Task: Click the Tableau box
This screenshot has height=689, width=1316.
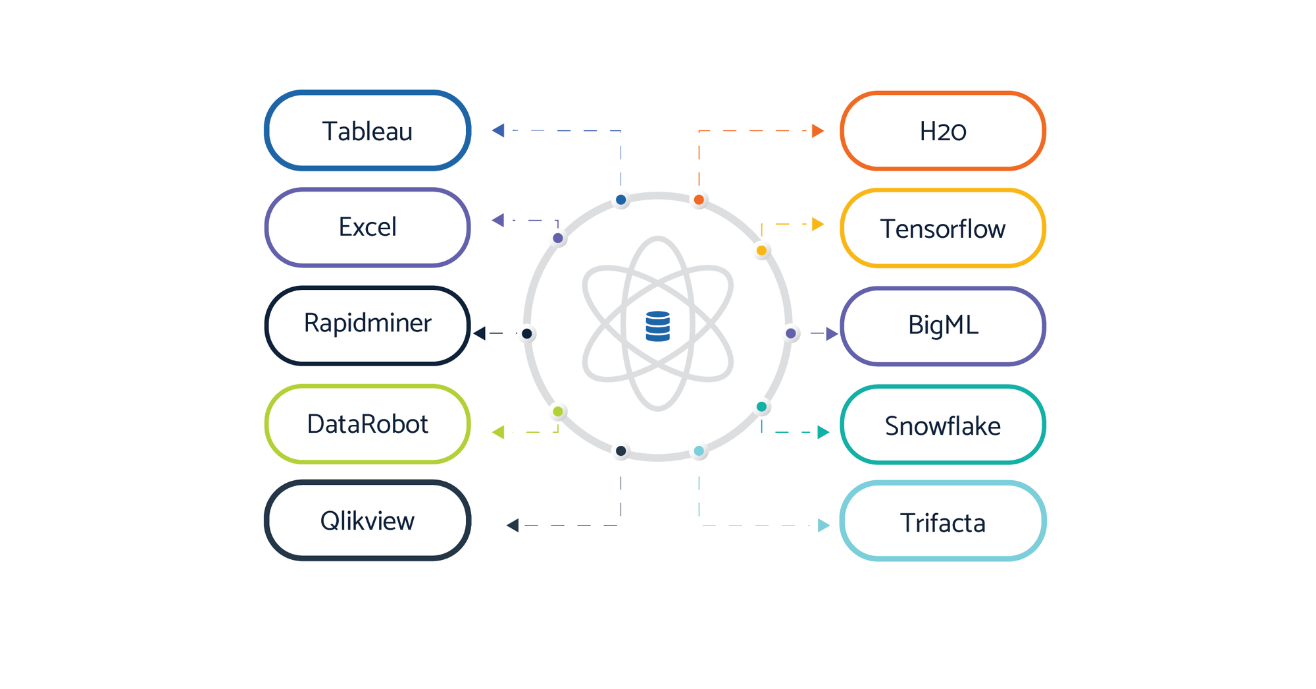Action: pyautogui.click(x=367, y=130)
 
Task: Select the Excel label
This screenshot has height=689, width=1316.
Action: pyautogui.click(x=367, y=227)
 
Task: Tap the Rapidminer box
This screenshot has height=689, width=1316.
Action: pyautogui.click(x=367, y=325)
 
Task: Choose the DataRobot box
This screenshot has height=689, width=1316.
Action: pyautogui.click(x=367, y=424)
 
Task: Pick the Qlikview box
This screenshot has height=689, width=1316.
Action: pyautogui.click(x=367, y=520)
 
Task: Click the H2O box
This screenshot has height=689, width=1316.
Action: pyautogui.click(x=943, y=130)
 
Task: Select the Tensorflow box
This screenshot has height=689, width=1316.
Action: pyautogui.click(x=943, y=229)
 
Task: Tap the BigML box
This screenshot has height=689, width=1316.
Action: pyautogui.click(x=943, y=326)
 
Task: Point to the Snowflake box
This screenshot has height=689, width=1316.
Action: pyautogui.click(x=943, y=425)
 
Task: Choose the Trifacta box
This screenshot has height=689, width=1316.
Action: pyautogui.click(x=943, y=521)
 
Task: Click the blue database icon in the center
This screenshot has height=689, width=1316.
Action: pyautogui.click(x=658, y=326)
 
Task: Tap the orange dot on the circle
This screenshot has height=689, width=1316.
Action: pyautogui.click(x=699, y=200)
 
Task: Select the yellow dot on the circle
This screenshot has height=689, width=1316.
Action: pyautogui.click(x=761, y=250)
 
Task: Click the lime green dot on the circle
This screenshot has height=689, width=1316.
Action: pyautogui.click(x=558, y=412)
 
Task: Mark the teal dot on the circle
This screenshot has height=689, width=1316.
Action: pyautogui.click(x=761, y=406)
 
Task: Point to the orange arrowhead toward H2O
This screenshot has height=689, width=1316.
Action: pyautogui.click(x=818, y=130)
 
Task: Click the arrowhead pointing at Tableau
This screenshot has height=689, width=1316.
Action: pyautogui.click(x=498, y=130)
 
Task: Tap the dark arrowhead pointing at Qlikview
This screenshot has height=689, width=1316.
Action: pyautogui.click(x=513, y=525)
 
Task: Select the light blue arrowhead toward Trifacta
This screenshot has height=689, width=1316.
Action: pyautogui.click(x=824, y=525)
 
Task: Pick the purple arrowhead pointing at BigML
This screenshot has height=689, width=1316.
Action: pyautogui.click(x=832, y=333)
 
